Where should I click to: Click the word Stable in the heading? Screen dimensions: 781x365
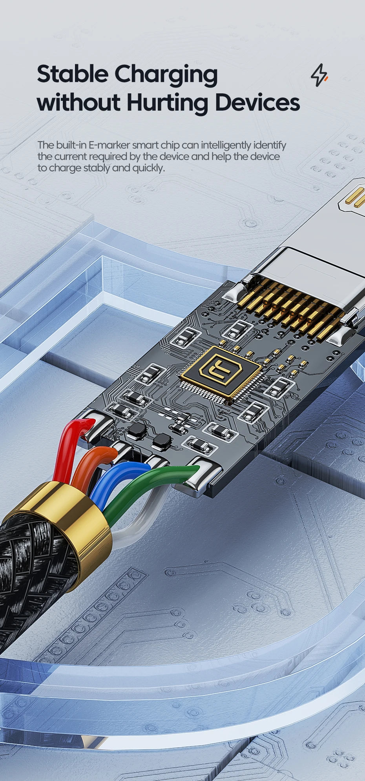click(72, 74)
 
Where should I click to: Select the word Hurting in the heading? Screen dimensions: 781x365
click(167, 102)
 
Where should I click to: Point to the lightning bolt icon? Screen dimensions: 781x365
click(319, 75)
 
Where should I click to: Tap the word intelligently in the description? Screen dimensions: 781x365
click(226, 145)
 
